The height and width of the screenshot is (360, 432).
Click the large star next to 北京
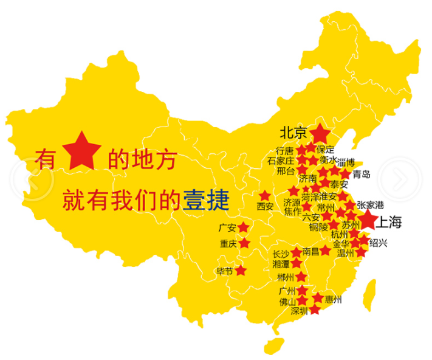coord(320,133)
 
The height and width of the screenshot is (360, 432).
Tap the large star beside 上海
coord(367,220)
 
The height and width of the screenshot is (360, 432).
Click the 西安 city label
coord(265,206)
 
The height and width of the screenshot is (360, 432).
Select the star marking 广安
coord(243,227)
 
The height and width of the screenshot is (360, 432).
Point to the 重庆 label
coord(228,244)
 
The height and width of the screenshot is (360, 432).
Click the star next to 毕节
coord(241,270)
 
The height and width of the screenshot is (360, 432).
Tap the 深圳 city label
coord(300,311)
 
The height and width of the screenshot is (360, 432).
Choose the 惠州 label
coord(334,300)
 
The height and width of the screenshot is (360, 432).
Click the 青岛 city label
coord(361,175)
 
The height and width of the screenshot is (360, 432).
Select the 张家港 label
coord(371,205)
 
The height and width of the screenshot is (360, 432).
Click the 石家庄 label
coord(280,161)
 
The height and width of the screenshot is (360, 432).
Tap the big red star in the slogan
coord(81,154)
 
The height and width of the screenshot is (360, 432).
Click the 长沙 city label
coord(281,254)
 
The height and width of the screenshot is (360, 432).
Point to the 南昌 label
coord(310,251)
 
